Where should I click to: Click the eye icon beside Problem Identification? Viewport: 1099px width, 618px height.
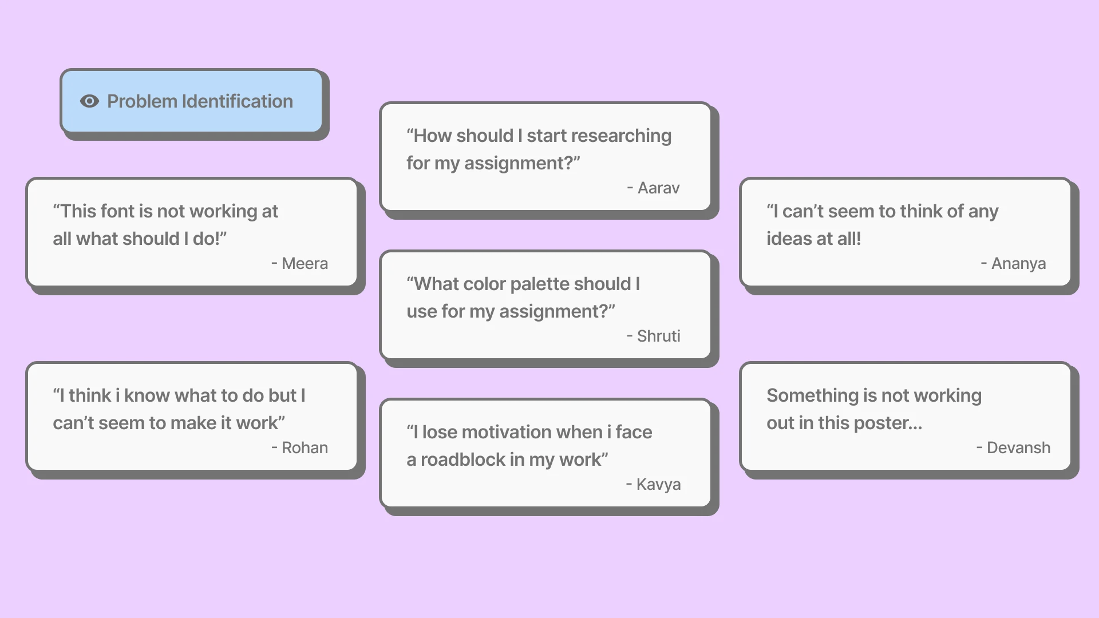pos(89,101)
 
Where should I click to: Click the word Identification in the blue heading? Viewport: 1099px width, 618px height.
pos(237,101)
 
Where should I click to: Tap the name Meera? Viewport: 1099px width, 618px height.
pos(305,263)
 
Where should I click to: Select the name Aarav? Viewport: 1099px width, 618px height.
pos(658,188)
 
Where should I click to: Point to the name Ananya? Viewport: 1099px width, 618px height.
pos(1018,263)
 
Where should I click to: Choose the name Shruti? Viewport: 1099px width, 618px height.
pos(658,336)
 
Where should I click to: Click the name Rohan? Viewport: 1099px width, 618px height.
pos(305,447)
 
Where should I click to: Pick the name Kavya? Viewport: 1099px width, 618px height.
pos(658,484)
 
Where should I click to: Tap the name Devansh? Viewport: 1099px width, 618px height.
pos(1018,447)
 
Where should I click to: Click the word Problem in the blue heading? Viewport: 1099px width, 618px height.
pos(142,101)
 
